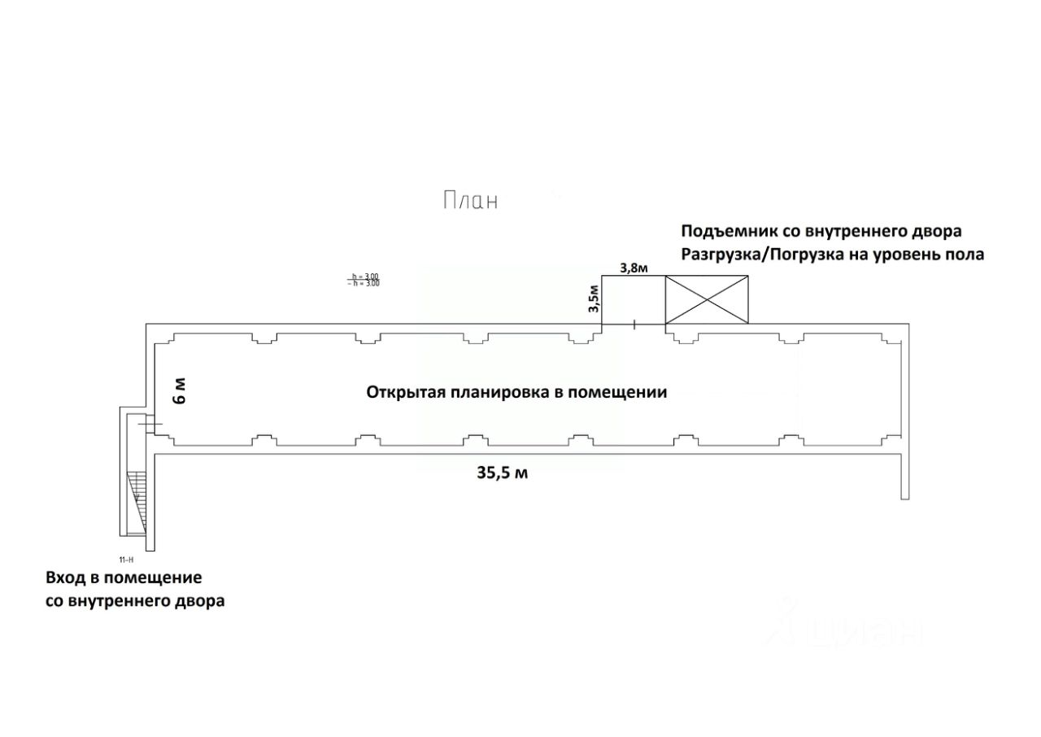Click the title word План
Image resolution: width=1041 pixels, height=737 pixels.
tap(470, 201)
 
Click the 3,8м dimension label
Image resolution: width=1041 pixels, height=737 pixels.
tap(634, 268)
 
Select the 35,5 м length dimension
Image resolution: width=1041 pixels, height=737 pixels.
tap(502, 473)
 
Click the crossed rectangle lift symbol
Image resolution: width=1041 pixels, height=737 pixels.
tap(706, 300)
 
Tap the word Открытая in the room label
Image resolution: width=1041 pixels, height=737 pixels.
tap(403, 392)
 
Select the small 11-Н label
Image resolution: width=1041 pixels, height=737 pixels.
tap(126, 560)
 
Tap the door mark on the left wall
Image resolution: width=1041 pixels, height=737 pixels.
tap(150, 424)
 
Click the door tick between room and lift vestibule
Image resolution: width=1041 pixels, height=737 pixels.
tap(634, 325)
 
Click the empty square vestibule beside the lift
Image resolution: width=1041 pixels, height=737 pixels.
tap(634, 300)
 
